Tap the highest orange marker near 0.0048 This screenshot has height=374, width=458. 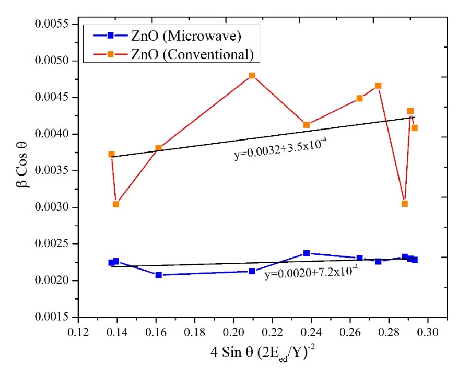point(252,75)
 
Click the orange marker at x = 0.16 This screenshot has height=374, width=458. point(159,148)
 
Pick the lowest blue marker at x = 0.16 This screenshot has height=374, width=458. point(159,275)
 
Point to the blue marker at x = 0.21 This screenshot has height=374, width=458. point(252,271)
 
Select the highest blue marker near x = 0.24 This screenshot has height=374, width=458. point(307,253)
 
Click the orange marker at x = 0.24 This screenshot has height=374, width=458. point(307,125)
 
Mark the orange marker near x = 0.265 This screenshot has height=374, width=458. point(359,98)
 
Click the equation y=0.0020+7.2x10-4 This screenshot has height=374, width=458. point(311,273)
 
